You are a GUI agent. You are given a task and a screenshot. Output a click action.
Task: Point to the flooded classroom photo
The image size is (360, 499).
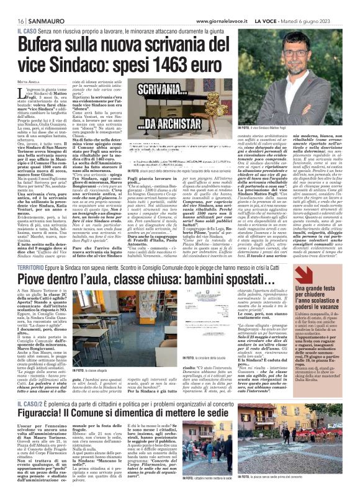click(125, 325)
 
